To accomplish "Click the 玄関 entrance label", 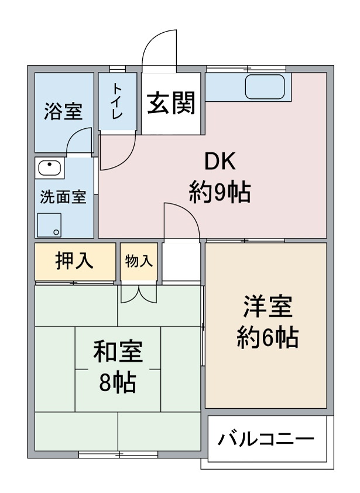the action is tap(172, 102).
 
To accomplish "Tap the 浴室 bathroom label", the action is tap(63, 111).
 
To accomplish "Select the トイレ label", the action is tap(117, 101).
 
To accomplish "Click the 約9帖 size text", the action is tap(220, 191).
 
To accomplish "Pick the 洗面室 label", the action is tap(63, 197).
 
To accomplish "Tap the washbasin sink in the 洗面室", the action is tap(49, 168).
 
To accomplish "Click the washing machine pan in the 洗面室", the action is tap(49, 225).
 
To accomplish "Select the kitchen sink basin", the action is tap(265, 87).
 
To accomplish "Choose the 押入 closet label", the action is tap(74, 261).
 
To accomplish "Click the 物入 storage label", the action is tap(139, 261).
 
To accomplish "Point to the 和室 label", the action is tap(118, 351).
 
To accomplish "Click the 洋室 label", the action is tap(268, 306).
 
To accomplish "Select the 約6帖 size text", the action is tap(268, 337).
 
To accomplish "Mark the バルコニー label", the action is tap(266, 439).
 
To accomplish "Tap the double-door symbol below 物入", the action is tap(139, 295).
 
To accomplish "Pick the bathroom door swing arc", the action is tap(73, 135).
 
